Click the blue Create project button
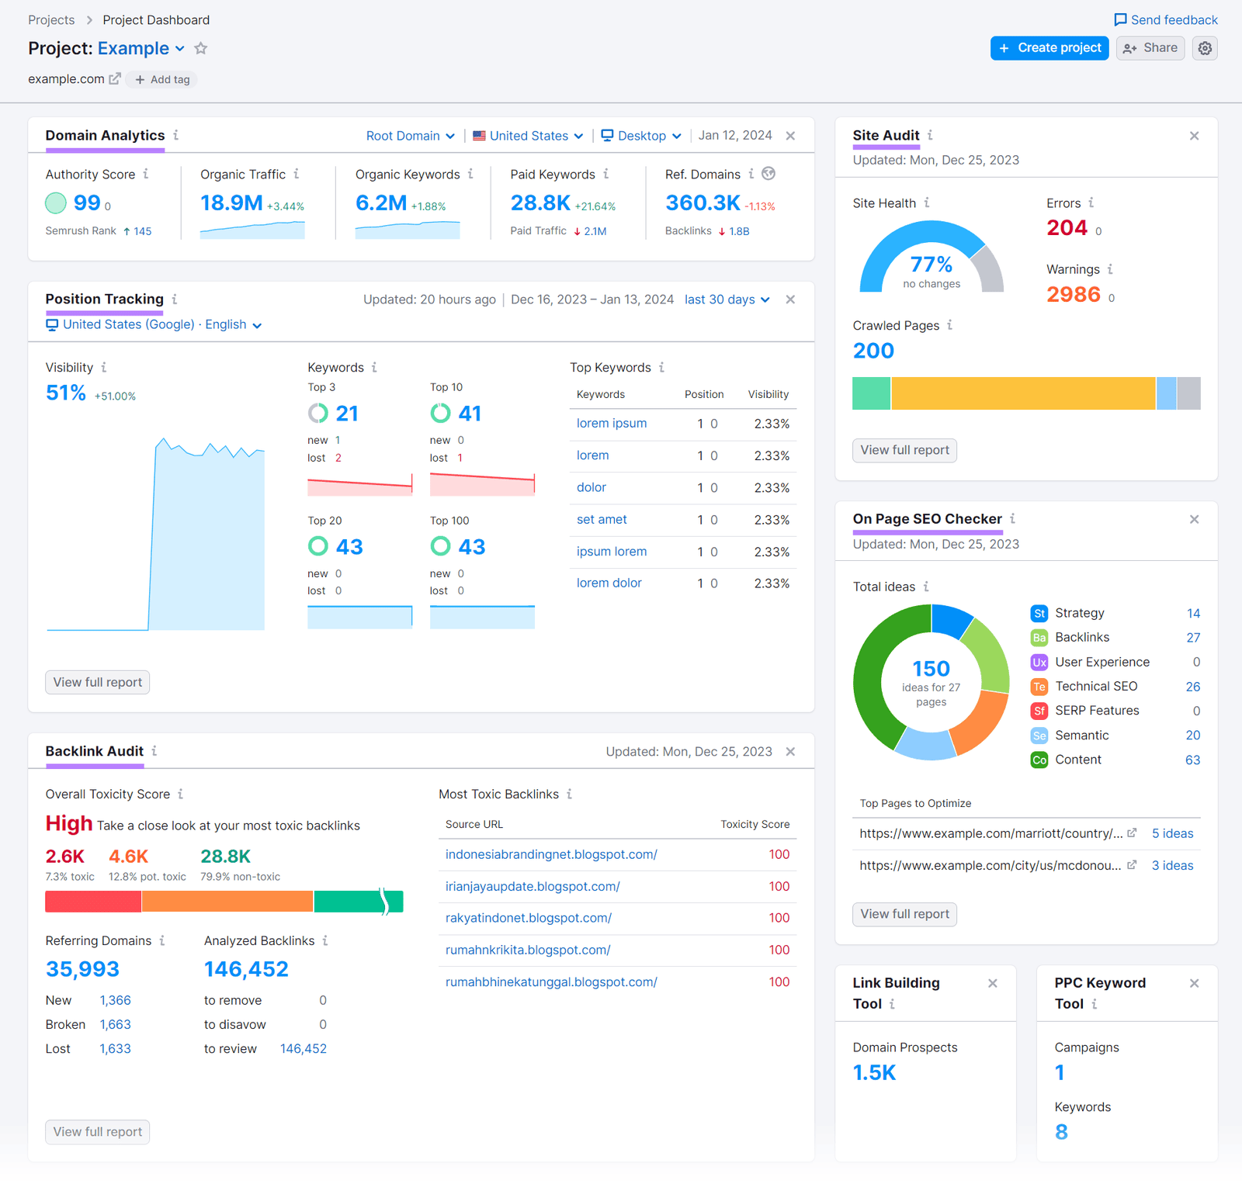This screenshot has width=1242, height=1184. point(1049,48)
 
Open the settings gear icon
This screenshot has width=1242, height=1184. point(1205,48)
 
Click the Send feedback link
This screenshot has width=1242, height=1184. point(1166,20)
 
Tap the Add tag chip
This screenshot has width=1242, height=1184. point(162,80)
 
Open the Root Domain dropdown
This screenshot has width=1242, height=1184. point(410,136)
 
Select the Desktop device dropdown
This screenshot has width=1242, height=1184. point(641,136)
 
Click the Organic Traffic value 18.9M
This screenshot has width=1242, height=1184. point(231,203)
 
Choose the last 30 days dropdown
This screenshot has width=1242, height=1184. point(727,299)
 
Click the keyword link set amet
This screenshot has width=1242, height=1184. point(602,520)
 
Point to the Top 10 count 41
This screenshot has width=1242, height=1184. point(470,414)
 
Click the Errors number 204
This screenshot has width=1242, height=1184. point(1067,228)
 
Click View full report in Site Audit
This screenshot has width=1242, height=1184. point(904,451)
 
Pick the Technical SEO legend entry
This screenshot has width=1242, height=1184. point(1095,687)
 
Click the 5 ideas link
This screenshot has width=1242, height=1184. point(1172,833)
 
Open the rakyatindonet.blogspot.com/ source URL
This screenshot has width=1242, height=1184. point(528,918)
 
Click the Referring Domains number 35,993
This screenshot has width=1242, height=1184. point(82,969)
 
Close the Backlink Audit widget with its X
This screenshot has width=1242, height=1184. point(790,752)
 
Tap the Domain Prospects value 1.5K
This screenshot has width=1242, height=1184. point(874,1073)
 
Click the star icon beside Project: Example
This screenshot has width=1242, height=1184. point(201,49)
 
